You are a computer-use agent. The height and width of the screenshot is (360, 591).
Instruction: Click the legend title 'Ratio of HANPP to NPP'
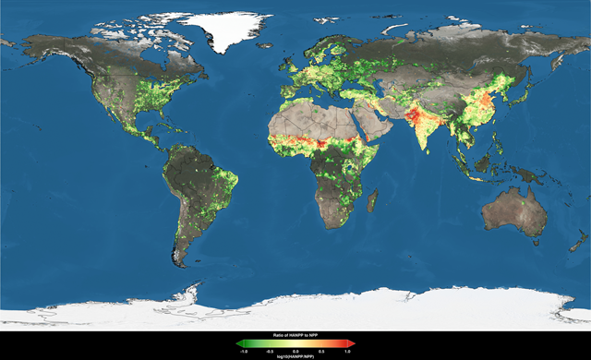coord(295,334)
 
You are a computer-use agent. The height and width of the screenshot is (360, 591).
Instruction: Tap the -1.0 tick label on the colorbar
coord(243,351)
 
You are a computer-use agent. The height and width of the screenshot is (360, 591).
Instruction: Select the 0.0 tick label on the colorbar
coord(295,351)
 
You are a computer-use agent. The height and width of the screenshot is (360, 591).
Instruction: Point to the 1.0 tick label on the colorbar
coord(348,351)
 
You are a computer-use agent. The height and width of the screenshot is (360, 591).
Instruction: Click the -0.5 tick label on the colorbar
coord(269,351)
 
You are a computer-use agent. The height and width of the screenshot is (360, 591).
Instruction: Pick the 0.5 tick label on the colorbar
coord(322,351)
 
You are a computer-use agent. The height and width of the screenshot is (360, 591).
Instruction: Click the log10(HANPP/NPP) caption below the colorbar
coord(295,355)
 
